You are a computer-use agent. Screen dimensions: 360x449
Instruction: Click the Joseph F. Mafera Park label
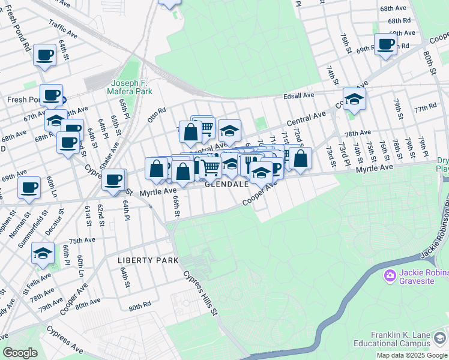(x=131, y=87)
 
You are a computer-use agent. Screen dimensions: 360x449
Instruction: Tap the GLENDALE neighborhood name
(x=227, y=184)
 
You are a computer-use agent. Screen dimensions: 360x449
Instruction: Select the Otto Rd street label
(x=156, y=115)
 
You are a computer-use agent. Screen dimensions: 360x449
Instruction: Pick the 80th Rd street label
(x=139, y=306)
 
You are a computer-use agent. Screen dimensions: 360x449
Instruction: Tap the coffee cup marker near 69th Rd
(x=385, y=44)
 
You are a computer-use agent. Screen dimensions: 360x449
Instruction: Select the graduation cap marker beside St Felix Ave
(x=43, y=253)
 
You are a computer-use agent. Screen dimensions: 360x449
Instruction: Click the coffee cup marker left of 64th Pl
(x=113, y=179)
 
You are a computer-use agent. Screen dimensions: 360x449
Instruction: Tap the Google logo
(x=20, y=353)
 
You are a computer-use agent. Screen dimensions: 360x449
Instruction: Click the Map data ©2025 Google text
(x=412, y=355)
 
